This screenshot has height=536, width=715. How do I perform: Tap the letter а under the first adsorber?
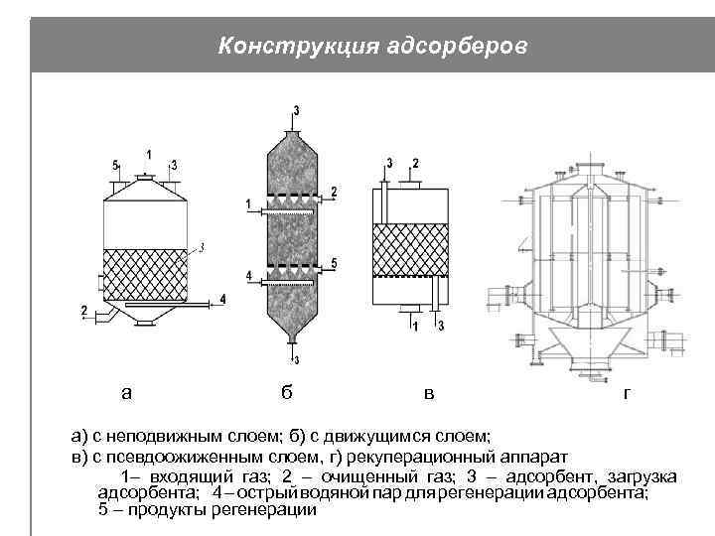point(126,392)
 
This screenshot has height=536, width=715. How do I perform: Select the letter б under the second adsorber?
point(286,392)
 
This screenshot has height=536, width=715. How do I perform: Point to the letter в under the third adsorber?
point(428,393)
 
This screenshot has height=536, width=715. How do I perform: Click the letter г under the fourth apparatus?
point(625,393)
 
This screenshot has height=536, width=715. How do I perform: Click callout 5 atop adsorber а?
point(116,164)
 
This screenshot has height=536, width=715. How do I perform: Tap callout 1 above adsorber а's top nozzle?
point(149,154)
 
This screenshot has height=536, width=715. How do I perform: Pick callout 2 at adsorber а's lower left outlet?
point(84,312)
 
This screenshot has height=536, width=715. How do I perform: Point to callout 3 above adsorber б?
point(296,109)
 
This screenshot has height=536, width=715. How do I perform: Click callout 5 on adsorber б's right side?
point(335,262)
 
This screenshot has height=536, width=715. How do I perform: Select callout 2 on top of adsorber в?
point(415,162)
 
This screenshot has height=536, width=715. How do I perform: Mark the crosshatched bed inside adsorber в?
point(409,249)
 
